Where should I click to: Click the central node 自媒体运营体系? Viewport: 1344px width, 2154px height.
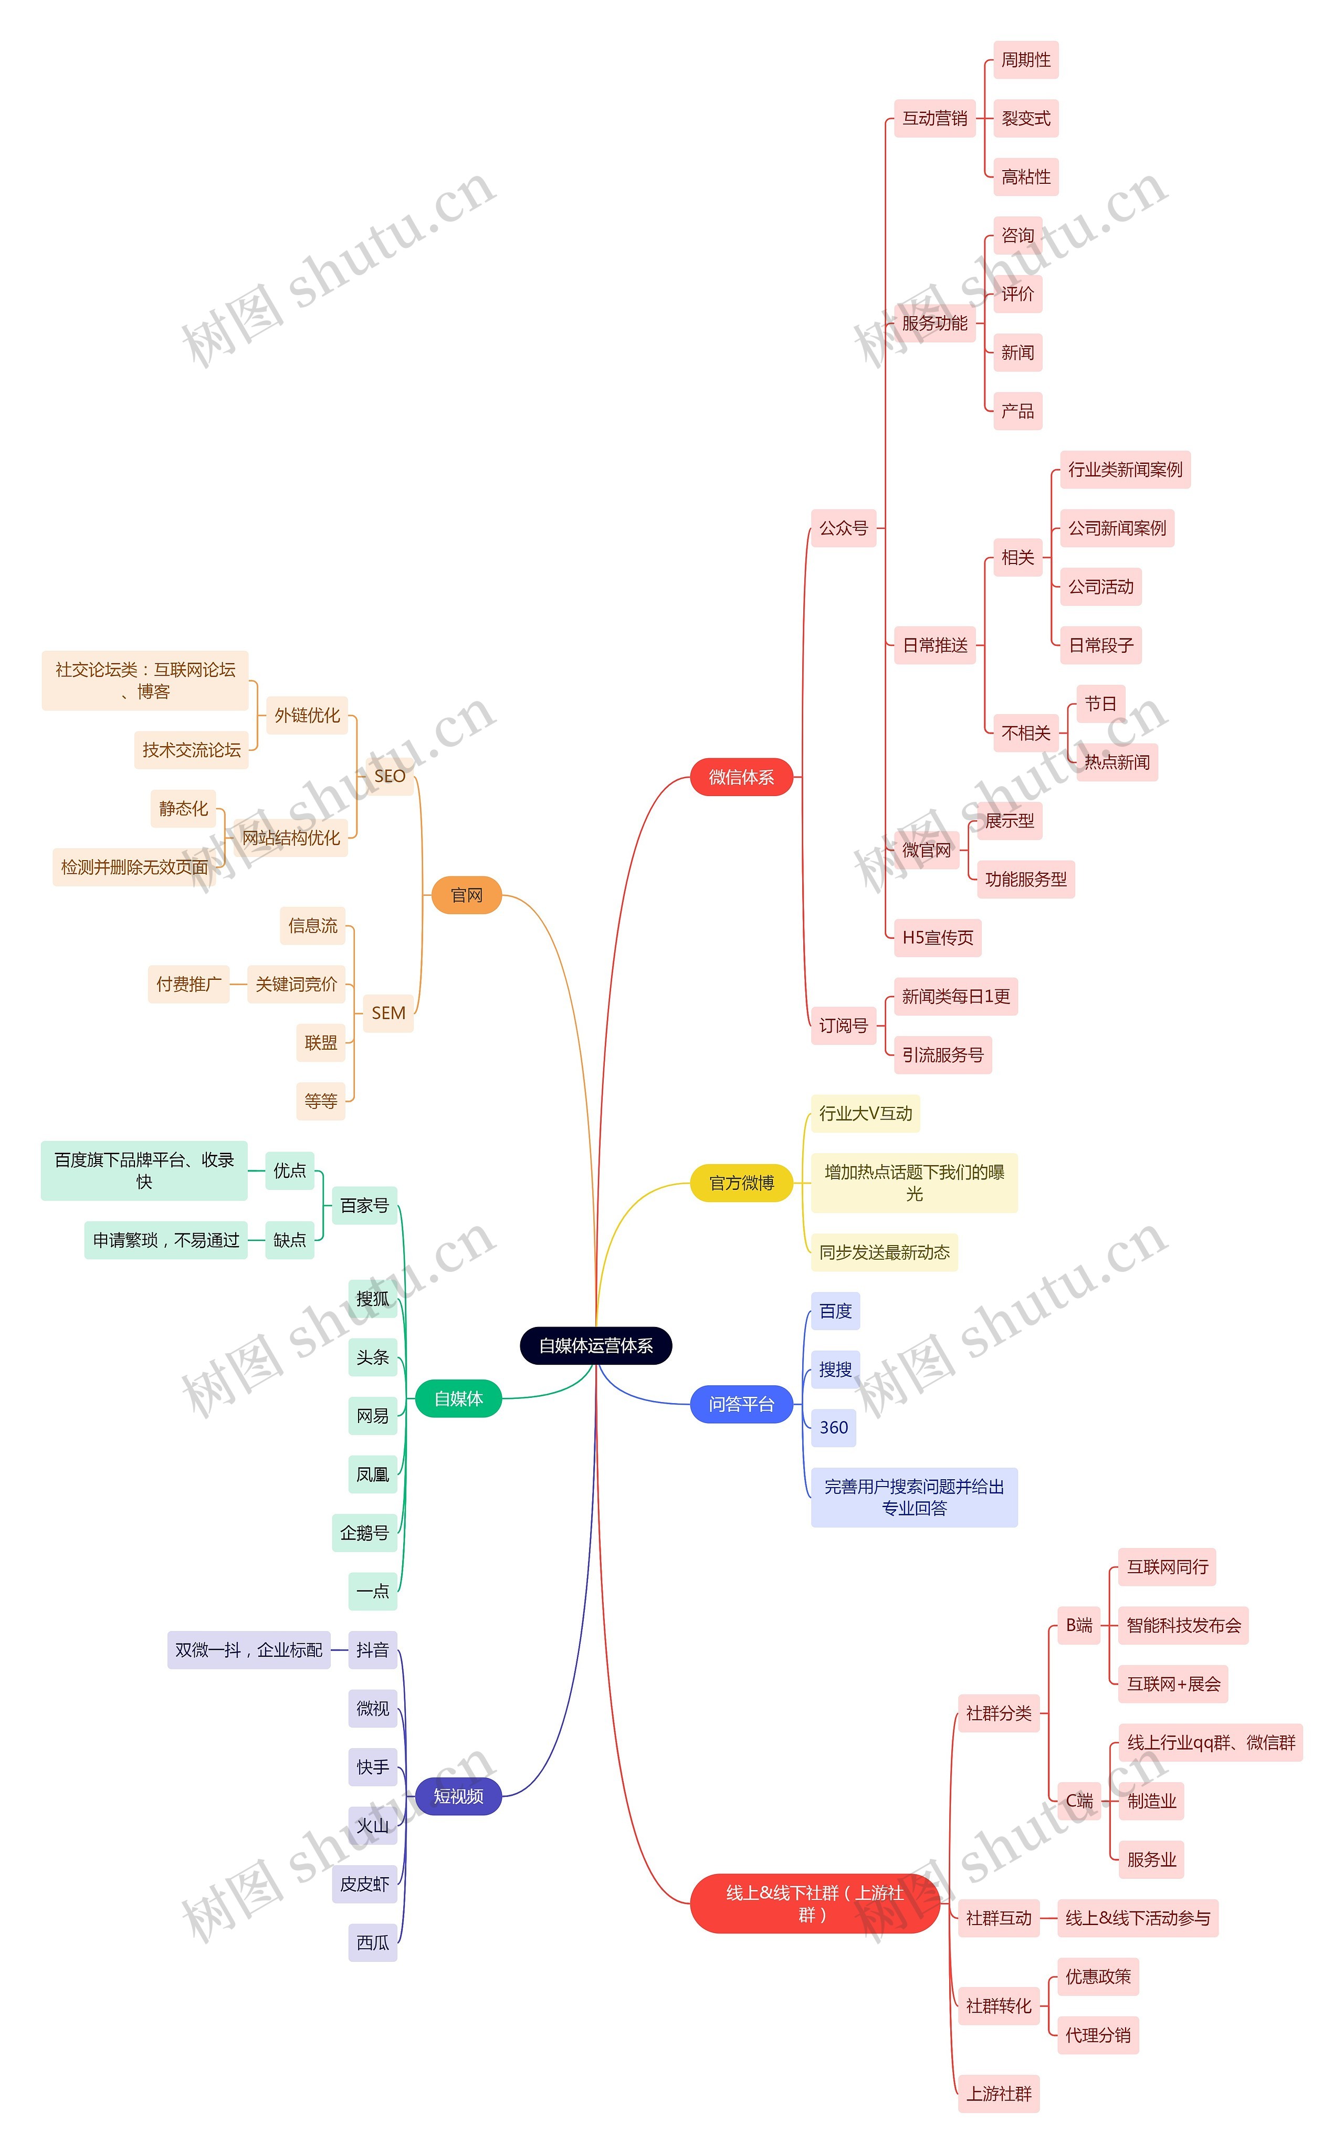point(595,1345)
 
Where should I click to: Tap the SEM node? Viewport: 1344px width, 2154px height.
point(388,1012)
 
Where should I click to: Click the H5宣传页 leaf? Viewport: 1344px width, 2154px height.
point(937,937)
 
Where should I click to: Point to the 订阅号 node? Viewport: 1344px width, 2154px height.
point(843,1025)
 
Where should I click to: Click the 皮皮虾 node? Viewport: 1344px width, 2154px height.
point(364,1884)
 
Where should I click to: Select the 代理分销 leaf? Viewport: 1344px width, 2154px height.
point(1098,2035)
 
